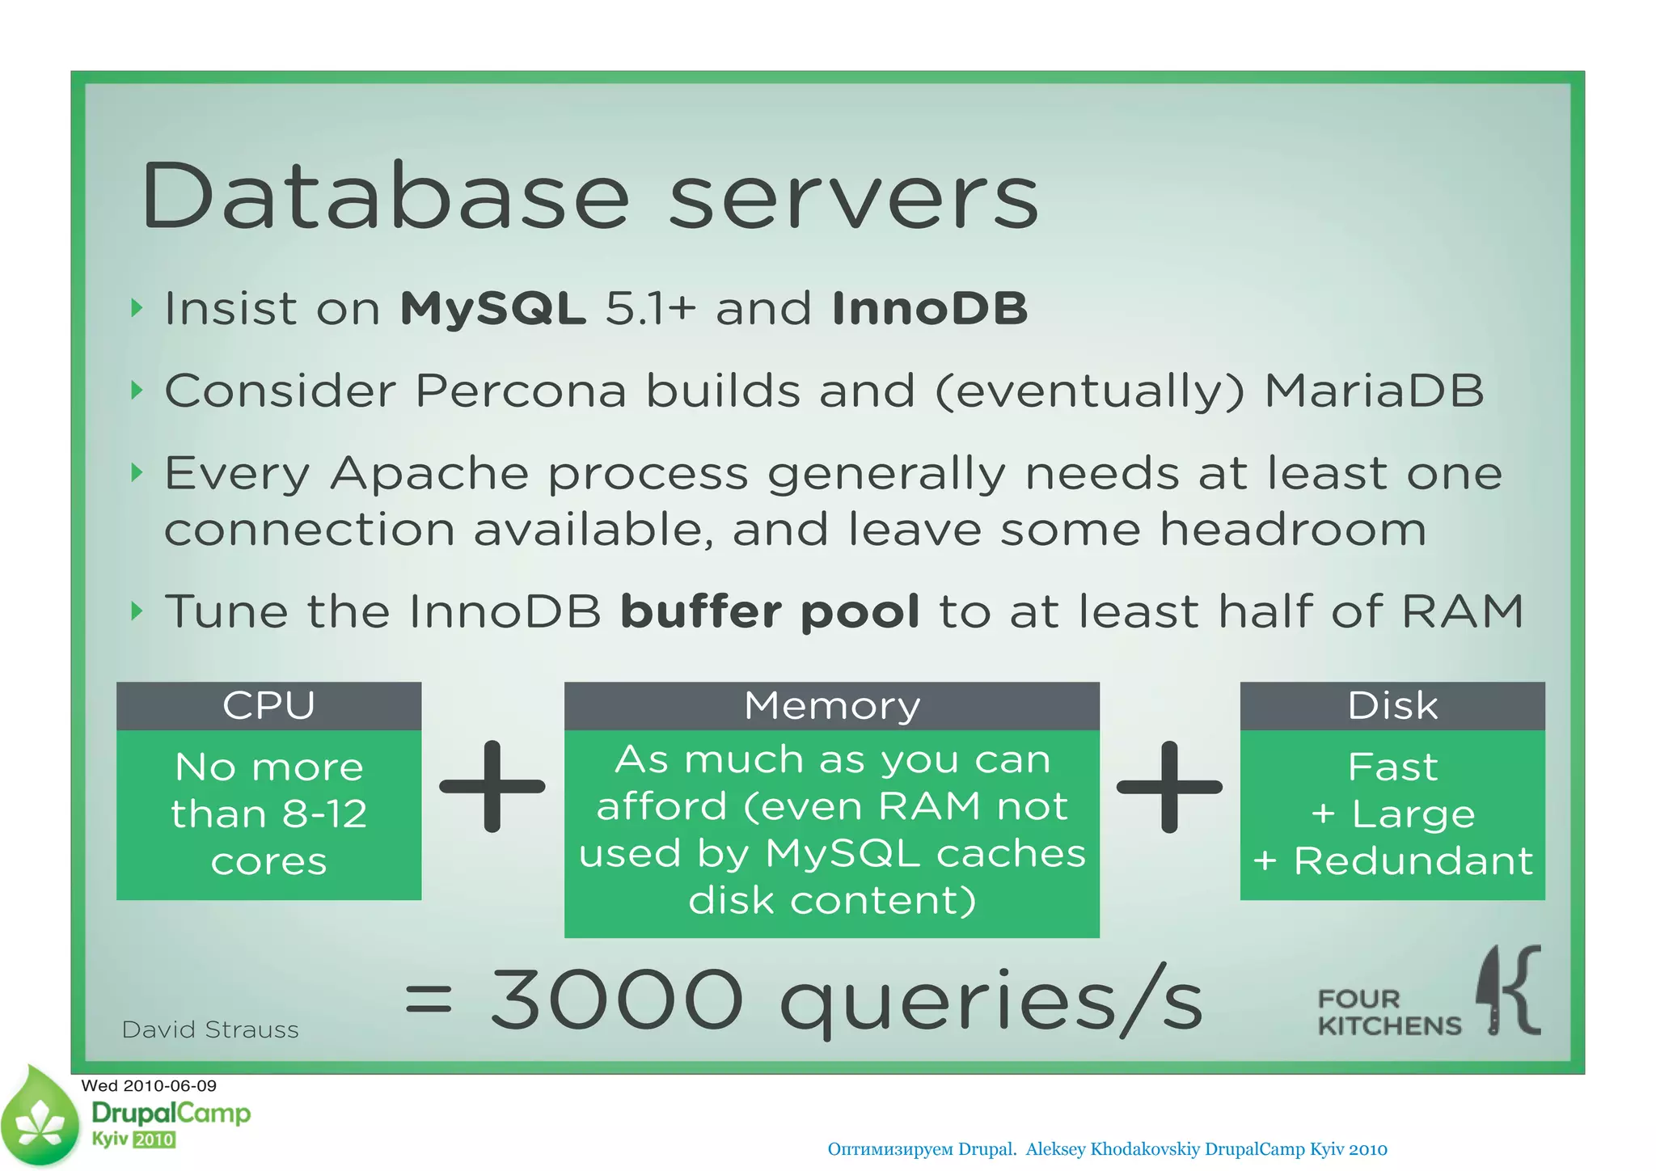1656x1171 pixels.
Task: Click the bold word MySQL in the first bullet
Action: [493, 308]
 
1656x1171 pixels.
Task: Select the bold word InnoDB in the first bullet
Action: [929, 308]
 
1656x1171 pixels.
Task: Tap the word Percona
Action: [521, 391]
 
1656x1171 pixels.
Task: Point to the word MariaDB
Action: [1374, 391]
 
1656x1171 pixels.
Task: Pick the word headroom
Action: [1293, 530]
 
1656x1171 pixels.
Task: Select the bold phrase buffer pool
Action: [770, 611]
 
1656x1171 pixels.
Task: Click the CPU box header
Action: [268, 705]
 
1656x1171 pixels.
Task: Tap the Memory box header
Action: [831, 705]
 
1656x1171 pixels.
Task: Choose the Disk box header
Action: [1392, 705]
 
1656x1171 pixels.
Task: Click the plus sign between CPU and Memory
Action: [492, 786]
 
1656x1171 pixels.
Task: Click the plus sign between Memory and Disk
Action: [1169, 786]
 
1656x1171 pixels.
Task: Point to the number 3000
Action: [616, 1000]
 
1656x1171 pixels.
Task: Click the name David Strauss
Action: [210, 1029]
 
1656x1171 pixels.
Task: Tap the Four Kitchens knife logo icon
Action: [1509, 990]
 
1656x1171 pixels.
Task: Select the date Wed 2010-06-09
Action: [149, 1085]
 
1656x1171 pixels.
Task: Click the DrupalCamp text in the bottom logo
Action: [171, 1114]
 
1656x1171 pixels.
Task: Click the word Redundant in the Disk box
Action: [1413, 860]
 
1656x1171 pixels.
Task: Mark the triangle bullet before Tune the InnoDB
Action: [137, 611]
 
